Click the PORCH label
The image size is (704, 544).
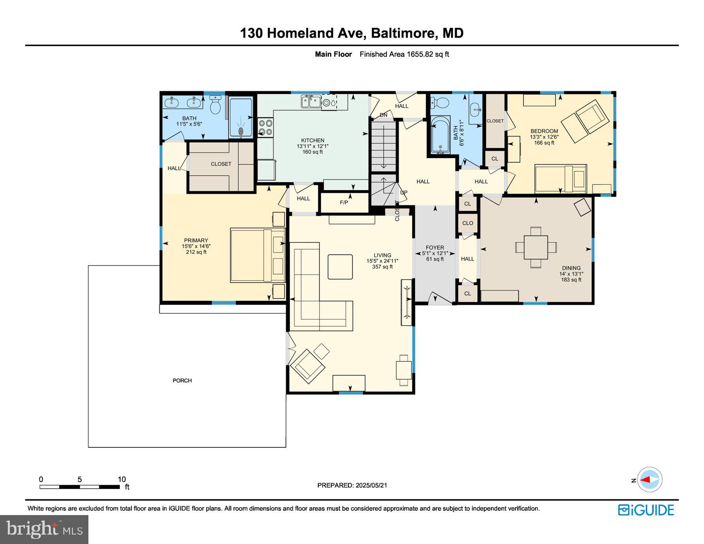pos(182,381)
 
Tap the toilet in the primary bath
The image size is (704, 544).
pos(215,105)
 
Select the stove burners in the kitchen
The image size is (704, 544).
pos(266,127)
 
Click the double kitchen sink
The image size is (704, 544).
pos(311,102)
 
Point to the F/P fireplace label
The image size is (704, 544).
pos(344,203)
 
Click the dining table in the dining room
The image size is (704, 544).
pos(536,247)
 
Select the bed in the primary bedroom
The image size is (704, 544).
pos(257,255)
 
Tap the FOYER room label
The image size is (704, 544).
pos(435,248)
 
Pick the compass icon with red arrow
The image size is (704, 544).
pos(650,479)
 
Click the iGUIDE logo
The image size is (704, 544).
pos(646,510)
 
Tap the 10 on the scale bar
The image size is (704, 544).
pos(122,479)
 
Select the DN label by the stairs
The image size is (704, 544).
pos(383,115)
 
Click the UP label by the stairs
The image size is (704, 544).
pos(404,192)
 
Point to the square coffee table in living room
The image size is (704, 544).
pos(340,267)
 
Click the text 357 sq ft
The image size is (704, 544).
pos(382,267)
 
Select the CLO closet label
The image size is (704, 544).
pos(467,223)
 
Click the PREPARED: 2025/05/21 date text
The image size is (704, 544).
pos(352,485)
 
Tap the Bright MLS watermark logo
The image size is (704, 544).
pos(44,530)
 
